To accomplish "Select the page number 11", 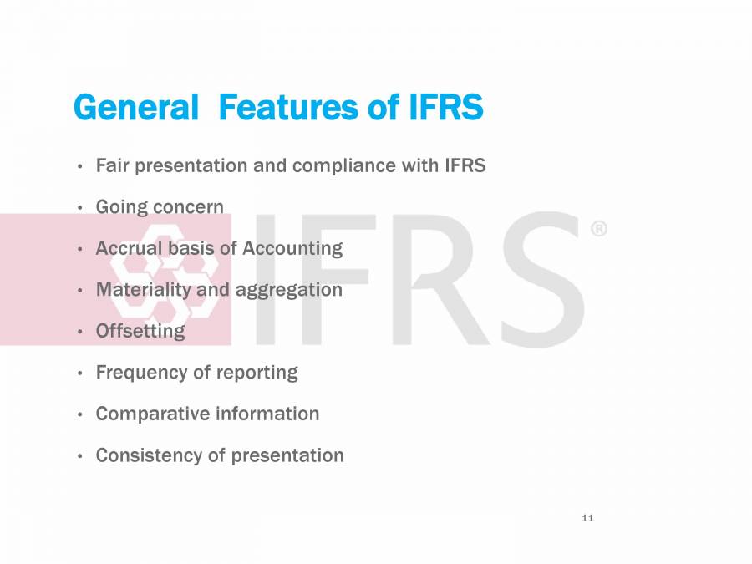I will point(587,519).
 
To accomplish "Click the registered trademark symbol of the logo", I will point(599,229).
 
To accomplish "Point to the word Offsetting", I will point(140,331).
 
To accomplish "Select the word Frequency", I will point(141,373).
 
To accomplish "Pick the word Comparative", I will point(150,414).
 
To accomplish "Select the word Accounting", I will point(292,248).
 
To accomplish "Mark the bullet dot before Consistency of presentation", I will point(79,456).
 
